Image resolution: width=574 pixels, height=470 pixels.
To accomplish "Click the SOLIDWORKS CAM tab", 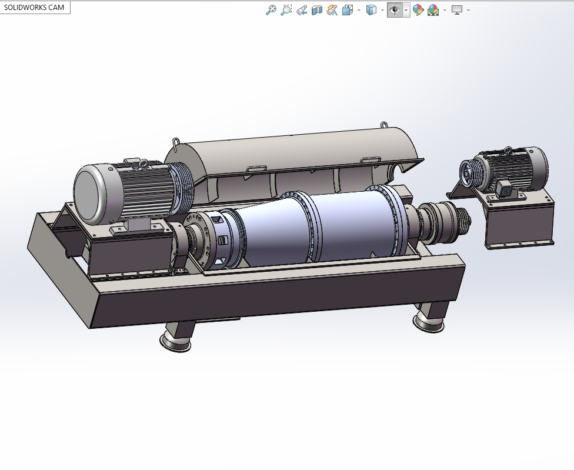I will [34, 8].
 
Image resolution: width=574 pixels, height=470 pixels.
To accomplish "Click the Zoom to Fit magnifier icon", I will [271, 9].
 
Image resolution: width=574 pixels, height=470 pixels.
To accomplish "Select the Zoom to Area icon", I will [286, 9].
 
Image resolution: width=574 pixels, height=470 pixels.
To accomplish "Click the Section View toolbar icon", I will [317, 9].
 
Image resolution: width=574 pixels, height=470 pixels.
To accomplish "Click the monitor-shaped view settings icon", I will [457, 9].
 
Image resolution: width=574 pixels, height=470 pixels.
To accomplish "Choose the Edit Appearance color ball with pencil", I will [418, 9].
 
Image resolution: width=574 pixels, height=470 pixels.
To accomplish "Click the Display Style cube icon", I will [371, 9].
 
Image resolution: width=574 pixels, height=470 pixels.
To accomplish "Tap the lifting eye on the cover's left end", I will [176, 142].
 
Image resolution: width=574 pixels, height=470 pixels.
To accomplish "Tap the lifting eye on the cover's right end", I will [384, 125].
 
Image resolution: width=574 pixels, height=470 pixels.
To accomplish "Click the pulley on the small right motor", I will [469, 172].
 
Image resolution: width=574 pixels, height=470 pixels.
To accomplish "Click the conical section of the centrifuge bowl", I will [271, 229].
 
